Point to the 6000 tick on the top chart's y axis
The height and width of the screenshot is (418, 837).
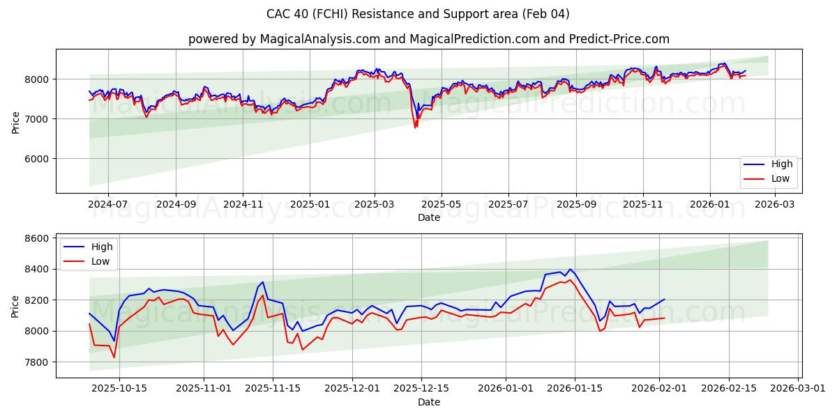coord(38,159)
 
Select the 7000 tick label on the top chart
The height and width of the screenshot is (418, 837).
coord(38,119)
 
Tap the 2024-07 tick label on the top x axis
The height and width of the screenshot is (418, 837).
coord(108,204)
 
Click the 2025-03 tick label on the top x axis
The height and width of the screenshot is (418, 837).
coord(375,204)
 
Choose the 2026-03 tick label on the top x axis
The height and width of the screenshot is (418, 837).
coord(776,204)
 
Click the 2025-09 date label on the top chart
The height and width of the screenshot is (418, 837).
coord(576,204)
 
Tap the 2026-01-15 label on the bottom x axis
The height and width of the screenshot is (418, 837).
coord(575,388)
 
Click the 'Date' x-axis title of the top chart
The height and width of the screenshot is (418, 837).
coord(428,217)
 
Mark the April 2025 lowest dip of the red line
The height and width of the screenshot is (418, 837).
coord(415,127)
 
